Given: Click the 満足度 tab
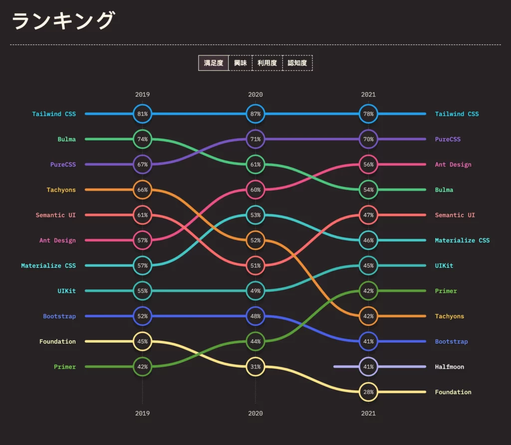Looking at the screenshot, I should [x=214, y=63].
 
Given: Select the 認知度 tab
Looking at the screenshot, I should [x=297, y=63].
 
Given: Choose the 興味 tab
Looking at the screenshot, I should [x=241, y=63].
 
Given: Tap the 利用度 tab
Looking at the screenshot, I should [x=267, y=63].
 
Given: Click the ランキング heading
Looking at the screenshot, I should [x=63, y=21].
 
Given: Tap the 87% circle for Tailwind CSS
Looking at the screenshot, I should [x=255, y=114].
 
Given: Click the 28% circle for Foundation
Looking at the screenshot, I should [x=368, y=392].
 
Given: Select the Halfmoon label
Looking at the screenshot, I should [x=449, y=367].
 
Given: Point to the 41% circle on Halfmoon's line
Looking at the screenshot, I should [x=368, y=367].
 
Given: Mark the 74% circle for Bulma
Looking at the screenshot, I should [x=143, y=139].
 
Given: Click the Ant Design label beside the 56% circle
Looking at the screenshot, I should [x=453, y=165].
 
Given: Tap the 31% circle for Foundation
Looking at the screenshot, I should [x=255, y=367].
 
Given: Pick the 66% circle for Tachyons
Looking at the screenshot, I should [x=143, y=190].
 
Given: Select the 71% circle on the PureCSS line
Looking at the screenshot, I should [x=255, y=139].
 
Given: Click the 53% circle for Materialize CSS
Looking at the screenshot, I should [x=255, y=215].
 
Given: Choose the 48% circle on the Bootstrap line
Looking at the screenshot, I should [x=255, y=316].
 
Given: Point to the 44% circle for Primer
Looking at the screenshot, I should [x=255, y=341].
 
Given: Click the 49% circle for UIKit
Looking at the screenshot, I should [x=255, y=291].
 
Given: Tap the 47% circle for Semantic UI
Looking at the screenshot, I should [x=368, y=215].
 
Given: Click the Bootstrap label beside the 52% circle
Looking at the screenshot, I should [x=59, y=316].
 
